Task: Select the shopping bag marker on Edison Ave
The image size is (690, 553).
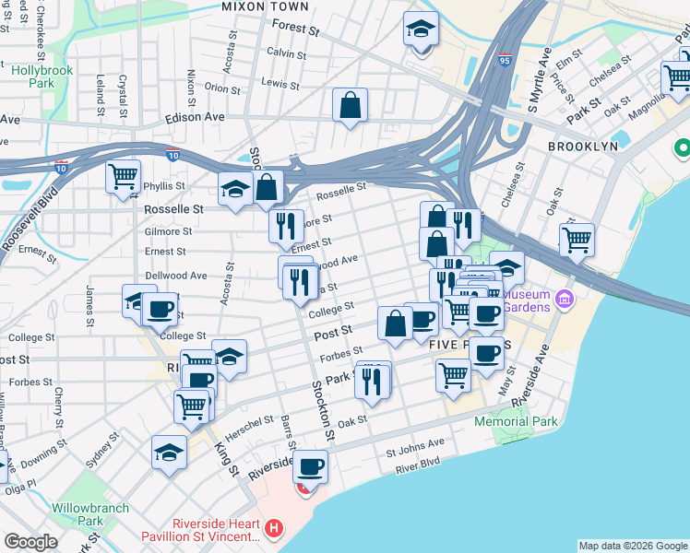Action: [351, 106]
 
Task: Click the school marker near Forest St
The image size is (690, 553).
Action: [421, 30]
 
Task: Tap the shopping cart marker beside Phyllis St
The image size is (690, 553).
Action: [123, 175]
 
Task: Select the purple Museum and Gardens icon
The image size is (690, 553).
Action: [565, 299]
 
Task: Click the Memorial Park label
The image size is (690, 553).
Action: [516, 421]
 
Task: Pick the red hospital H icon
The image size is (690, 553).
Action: [273, 529]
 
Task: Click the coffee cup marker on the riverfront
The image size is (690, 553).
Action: [311, 467]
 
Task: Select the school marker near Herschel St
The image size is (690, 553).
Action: [169, 453]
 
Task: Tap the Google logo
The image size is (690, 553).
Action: [30, 542]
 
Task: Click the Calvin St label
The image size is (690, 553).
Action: [286, 53]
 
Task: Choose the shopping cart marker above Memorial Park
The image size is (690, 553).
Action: [453, 375]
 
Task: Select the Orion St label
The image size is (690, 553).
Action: [222, 88]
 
